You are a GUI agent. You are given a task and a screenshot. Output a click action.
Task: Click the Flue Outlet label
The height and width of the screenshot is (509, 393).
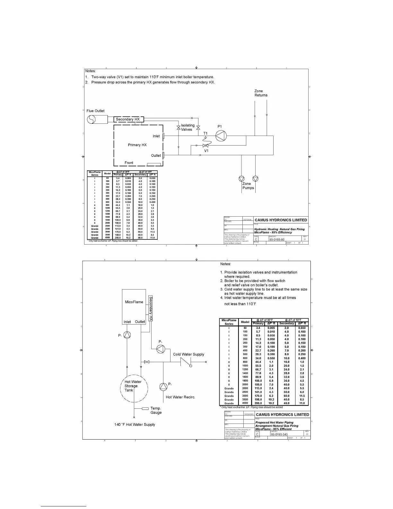(x=95, y=111)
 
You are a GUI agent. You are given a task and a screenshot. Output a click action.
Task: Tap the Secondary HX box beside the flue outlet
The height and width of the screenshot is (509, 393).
(x=128, y=120)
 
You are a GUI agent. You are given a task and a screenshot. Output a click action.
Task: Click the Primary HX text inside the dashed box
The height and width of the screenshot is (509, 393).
(x=137, y=145)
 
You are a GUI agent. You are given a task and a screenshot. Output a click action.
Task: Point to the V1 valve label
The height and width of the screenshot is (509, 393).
(x=206, y=151)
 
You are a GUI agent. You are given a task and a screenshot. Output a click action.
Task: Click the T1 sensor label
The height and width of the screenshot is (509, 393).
(x=205, y=133)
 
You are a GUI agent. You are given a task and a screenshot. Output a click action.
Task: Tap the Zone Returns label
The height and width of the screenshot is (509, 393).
(x=261, y=93)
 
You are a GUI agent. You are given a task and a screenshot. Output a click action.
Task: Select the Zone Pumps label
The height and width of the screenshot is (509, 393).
(x=248, y=186)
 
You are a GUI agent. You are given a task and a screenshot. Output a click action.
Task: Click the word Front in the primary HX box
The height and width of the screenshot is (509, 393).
(x=129, y=163)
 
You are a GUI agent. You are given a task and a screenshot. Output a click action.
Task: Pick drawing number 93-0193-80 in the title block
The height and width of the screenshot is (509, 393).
(x=277, y=239)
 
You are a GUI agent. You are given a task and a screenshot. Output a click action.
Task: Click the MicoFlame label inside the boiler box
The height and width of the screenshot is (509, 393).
(x=134, y=302)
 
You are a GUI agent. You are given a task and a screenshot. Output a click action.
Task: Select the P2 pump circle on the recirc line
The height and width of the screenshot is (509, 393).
(x=163, y=387)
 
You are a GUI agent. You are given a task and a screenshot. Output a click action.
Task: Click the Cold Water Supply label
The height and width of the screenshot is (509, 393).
(x=188, y=354)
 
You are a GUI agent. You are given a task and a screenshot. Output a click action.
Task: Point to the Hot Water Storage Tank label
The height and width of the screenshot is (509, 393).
(x=133, y=386)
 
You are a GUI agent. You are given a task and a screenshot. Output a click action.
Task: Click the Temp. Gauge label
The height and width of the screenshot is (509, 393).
(x=156, y=410)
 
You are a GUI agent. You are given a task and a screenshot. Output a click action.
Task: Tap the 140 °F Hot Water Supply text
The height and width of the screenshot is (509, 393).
(x=135, y=424)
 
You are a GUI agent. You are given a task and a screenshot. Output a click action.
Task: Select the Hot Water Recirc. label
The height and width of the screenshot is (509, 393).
(x=180, y=397)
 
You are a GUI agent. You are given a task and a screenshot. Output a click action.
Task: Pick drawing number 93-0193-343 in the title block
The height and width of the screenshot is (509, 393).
(x=279, y=434)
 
